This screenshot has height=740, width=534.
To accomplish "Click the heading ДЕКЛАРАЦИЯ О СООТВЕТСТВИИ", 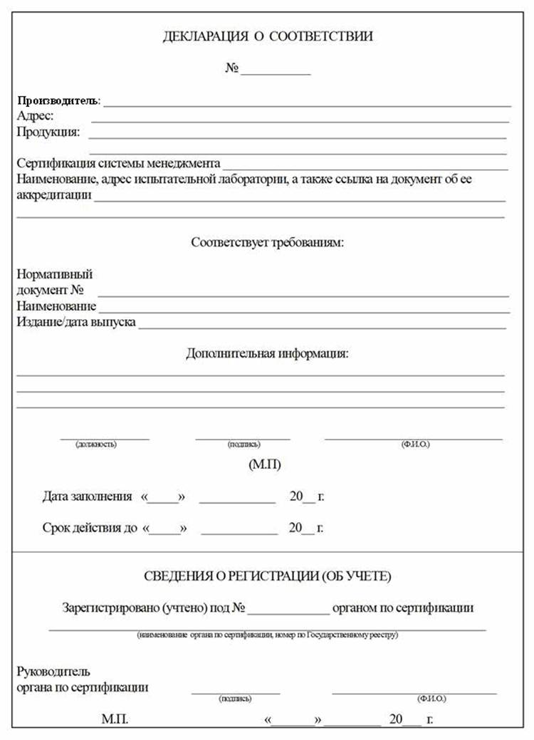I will (x=268, y=36).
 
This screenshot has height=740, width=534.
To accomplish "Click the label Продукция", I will (x=48, y=132).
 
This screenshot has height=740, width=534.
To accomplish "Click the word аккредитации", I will (x=54, y=195).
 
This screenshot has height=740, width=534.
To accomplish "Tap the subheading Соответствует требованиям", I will (x=268, y=242).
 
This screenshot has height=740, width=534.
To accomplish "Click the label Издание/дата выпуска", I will (x=76, y=322).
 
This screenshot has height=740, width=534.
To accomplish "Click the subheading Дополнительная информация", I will (x=268, y=353).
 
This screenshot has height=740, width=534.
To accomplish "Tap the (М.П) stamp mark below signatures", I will (x=265, y=465).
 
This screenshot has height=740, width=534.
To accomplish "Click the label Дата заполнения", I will (x=87, y=496).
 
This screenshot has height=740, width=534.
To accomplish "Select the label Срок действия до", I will (x=90, y=528).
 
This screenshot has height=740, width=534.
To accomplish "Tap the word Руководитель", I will (x=53, y=672).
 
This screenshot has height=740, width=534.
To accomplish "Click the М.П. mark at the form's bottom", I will (x=115, y=719).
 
